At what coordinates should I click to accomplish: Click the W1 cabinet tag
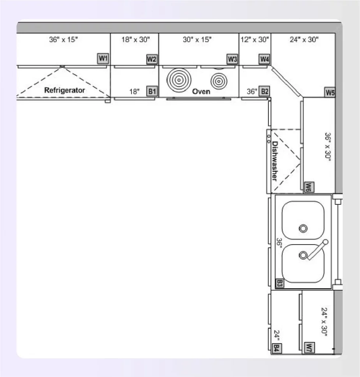pyautogui.click(x=103, y=58)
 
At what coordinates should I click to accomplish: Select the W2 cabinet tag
pyautogui.click(x=152, y=59)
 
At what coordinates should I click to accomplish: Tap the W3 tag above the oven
pyautogui.click(x=232, y=59)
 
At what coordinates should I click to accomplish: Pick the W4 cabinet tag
pyautogui.click(x=264, y=59)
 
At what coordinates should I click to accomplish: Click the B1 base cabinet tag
pyautogui.click(x=152, y=91)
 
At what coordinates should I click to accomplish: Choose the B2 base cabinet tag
pyautogui.click(x=264, y=91)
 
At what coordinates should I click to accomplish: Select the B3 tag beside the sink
pyautogui.click(x=279, y=283)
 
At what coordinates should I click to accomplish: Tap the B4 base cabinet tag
pyautogui.click(x=276, y=347)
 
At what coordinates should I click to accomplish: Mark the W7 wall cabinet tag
pyautogui.click(x=310, y=347)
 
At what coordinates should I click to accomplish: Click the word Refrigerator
pyautogui.click(x=64, y=90)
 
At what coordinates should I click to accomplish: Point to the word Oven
pyautogui.click(x=201, y=91)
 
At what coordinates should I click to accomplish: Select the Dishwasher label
pyautogui.click(x=275, y=161)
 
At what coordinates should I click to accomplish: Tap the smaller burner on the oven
pyautogui.click(x=219, y=80)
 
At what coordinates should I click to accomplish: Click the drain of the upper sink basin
pyautogui.click(x=303, y=228)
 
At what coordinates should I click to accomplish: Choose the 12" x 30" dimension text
pyautogui.click(x=255, y=40)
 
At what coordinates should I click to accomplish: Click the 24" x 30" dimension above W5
pyautogui.click(x=304, y=40)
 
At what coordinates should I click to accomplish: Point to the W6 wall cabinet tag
pyautogui.click(x=308, y=187)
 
